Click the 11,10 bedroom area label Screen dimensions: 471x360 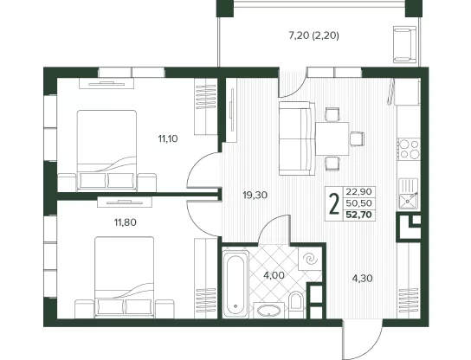168,138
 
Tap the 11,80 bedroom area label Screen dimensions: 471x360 125,222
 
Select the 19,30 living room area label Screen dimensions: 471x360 255,196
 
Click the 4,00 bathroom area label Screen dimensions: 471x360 274,275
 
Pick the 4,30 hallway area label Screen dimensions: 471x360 362,279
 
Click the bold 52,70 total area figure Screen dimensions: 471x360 359,215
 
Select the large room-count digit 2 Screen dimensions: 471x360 334,203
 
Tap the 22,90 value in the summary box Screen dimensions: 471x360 359,191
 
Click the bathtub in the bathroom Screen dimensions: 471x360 235,284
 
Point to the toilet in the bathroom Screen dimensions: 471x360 296,303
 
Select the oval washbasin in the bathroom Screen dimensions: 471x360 269,311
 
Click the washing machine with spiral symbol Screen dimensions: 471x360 310,258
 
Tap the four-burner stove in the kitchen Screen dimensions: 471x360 409,149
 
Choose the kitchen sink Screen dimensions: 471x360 408,194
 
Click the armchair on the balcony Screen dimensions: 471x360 405,44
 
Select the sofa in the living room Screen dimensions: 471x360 297,138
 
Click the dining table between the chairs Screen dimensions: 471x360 332,138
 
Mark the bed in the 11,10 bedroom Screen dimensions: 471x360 106,150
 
